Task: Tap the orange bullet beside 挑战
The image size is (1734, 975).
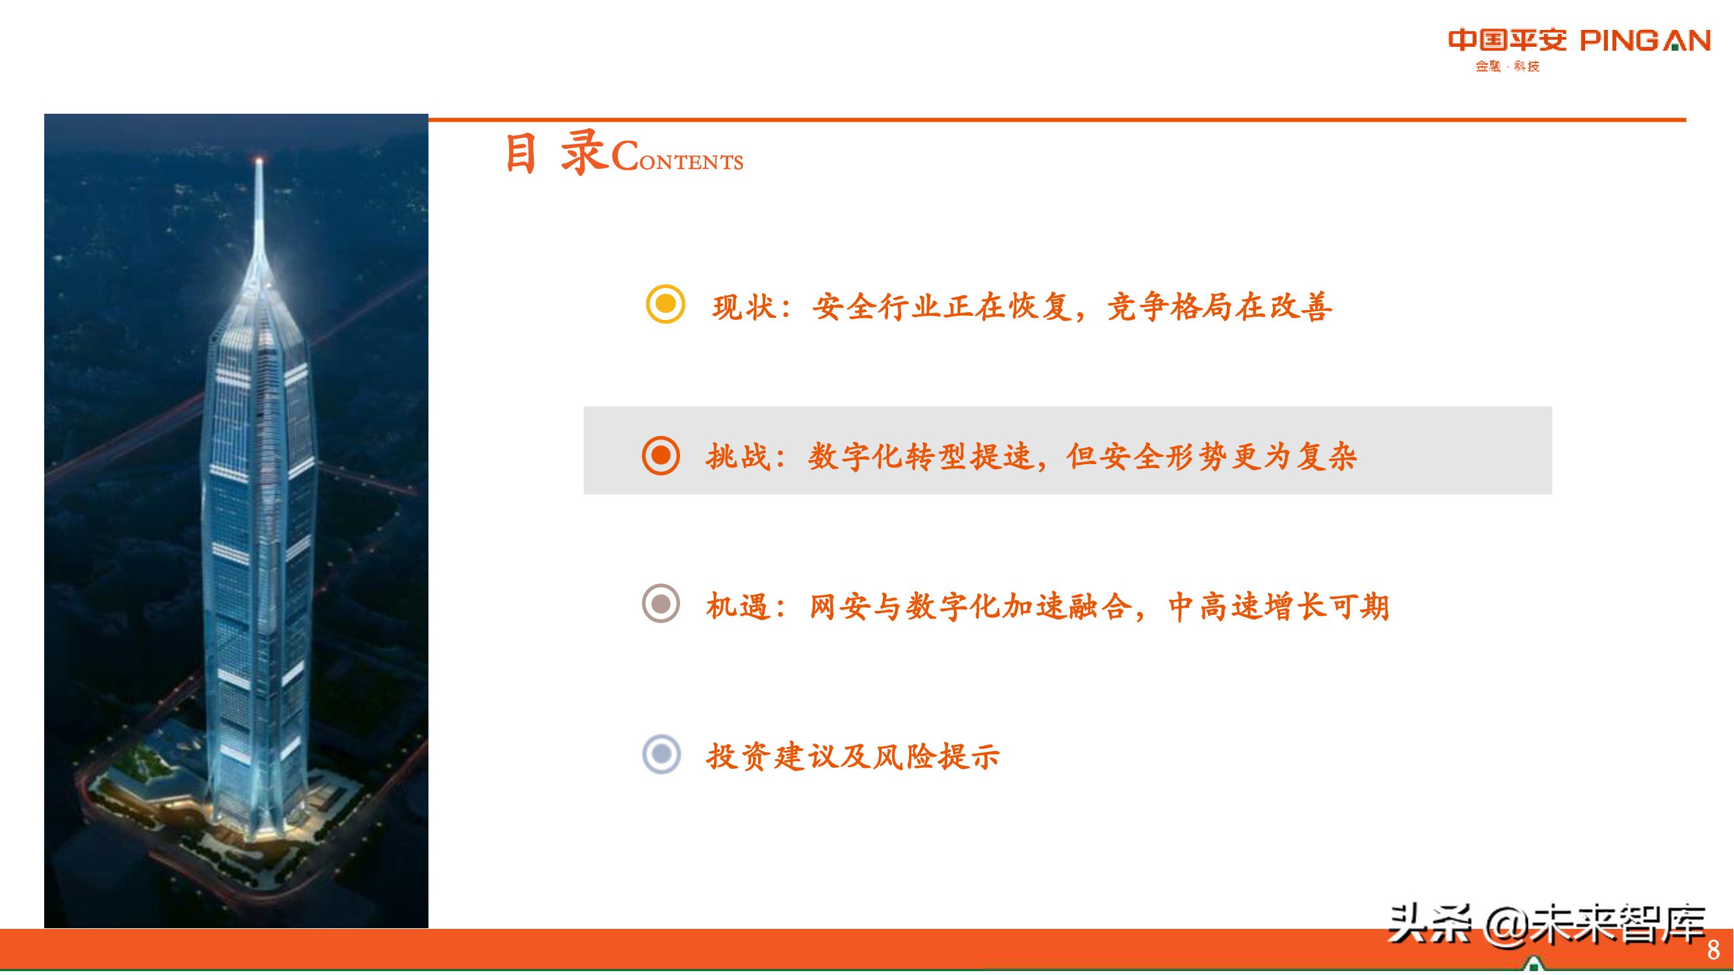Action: (x=661, y=456)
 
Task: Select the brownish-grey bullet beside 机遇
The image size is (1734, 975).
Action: (x=661, y=603)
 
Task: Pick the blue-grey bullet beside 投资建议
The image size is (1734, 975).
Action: (x=662, y=753)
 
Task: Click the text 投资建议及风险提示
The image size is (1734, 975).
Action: (x=853, y=757)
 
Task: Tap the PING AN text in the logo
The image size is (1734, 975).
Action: (x=1644, y=41)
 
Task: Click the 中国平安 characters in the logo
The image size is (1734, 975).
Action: (x=1507, y=40)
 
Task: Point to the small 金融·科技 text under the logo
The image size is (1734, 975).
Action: (x=1507, y=66)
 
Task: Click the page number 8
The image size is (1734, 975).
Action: (x=1713, y=950)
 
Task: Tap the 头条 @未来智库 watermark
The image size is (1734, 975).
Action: (x=1547, y=925)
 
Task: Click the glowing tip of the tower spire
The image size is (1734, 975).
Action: (x=259, y=161)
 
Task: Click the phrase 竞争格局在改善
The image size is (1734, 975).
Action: (x=1219, y=307)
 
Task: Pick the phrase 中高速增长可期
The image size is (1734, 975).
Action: (x=1278, y=606)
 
